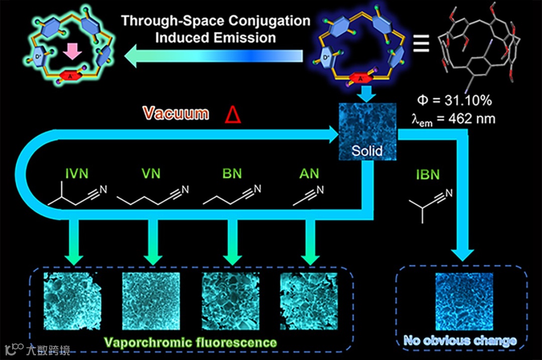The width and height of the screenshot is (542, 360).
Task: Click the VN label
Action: pyautogui.click(x=151, y=174)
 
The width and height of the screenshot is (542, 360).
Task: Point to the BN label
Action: pyautogui.click(x=232, y=174)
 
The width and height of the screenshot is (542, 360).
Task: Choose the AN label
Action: pyautogui.click(x=309, y=174)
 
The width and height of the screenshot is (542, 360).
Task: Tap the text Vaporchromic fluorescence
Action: pyautogui.click(x=190, y=342)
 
